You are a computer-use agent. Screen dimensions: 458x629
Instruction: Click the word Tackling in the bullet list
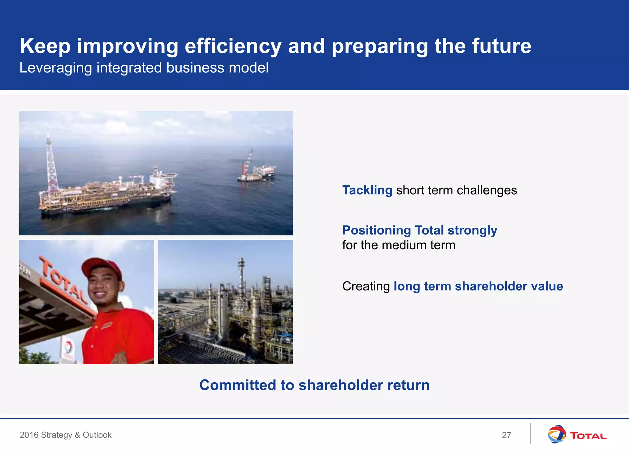click(x=367, y=190)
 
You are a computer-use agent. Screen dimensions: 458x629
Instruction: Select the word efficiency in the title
click(x=233, y=46)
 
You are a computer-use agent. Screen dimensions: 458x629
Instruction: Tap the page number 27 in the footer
click(x=506, y=435)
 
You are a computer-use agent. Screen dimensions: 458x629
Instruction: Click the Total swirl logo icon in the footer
click(x=557, y=434)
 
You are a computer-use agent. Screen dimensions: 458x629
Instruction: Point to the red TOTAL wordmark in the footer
click(x=588, y=436)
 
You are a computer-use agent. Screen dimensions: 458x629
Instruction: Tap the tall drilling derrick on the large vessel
click(x=51, y=166)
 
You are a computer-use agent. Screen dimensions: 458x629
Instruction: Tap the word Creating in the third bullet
click(x=366, y=286)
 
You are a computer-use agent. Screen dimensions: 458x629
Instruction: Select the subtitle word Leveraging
click(x=56, y=68)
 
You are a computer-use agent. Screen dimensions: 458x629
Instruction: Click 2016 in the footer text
click(x=29, y=435)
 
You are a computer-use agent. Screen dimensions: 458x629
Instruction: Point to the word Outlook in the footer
click(x=97, y=435)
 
